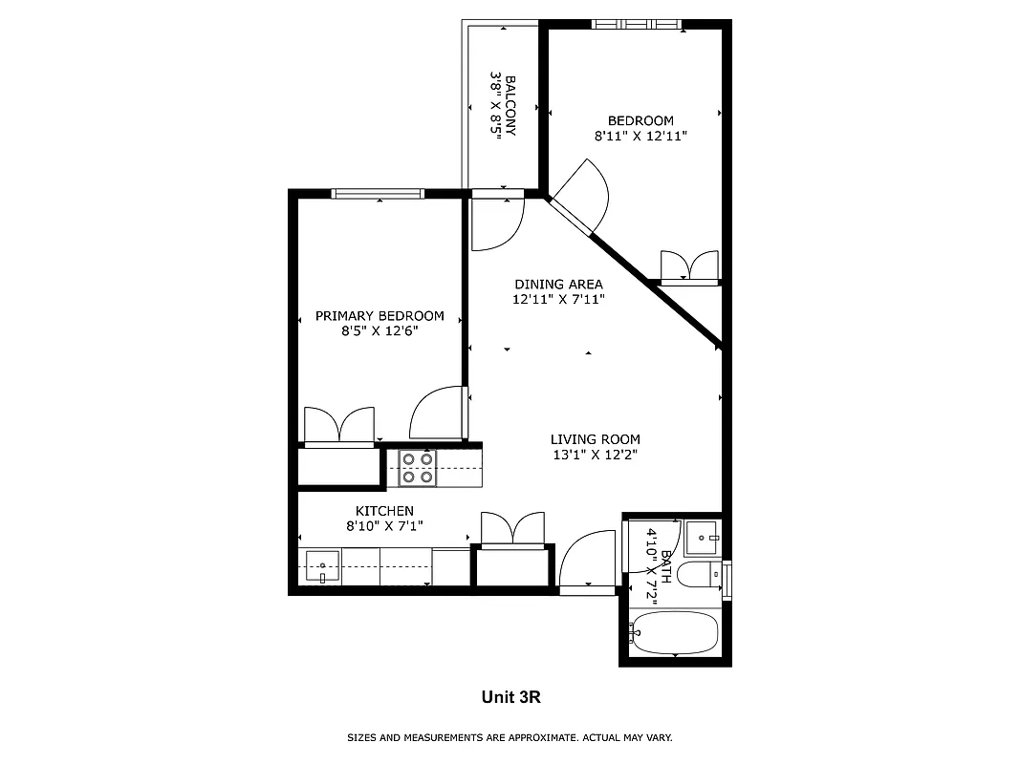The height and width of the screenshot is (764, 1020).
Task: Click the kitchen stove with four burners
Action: click(417, 467)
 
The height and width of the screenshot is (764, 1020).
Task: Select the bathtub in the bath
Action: click(675, 632)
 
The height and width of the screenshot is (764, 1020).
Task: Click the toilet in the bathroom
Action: click(705, 575)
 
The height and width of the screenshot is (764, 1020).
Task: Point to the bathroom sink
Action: click(703, 538)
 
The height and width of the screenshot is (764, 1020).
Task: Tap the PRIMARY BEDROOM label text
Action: click(380, 316)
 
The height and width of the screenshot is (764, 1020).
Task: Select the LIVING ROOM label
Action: click(595, 439)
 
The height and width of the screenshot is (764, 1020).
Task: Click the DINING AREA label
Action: click(558, 284)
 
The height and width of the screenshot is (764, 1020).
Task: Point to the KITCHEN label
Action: click(384, 511)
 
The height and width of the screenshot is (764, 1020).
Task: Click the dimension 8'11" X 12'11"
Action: click(640, 137)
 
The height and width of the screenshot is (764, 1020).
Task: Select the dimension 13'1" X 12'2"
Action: click(595, 456)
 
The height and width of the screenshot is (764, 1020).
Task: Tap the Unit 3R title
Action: click(510, 697)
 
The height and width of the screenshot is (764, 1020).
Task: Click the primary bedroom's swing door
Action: click(438, 413)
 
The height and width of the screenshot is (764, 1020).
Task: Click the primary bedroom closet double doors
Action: click(338, 426)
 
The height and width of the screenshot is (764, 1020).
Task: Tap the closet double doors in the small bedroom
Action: click(689, 266)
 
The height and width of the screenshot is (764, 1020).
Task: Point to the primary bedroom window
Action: click(378, 194)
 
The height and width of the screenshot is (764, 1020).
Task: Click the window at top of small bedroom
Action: click(638, 25)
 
